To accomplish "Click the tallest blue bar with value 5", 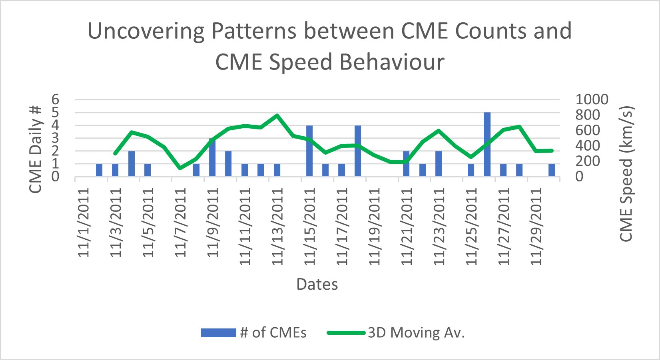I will [487, 144].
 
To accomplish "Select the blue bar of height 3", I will [212, 157].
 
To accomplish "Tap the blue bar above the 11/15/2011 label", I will [309, 151].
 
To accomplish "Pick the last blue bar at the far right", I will [552, 170].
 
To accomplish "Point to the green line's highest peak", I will [277, 115].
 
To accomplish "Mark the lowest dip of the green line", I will [180, 168].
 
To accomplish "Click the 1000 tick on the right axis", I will [592, 99].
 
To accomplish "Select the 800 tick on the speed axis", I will [588, 115].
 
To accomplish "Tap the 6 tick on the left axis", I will [55, 99].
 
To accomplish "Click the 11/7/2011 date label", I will [181, 223].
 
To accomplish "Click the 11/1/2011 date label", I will [84, 223].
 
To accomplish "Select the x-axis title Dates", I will [317, 284].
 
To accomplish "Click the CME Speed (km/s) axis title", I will [626, 174].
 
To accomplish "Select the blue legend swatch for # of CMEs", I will [218, 332].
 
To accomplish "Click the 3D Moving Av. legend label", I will [416, 332].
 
